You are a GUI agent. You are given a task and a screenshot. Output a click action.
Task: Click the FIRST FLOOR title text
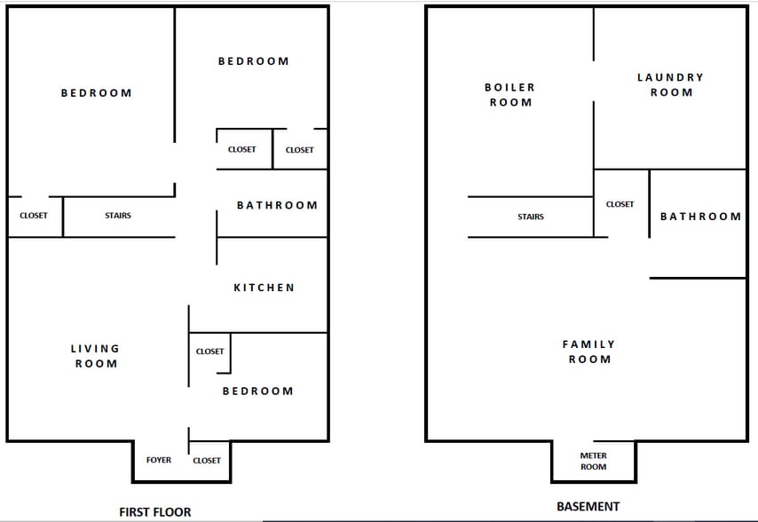(x=155, y=511)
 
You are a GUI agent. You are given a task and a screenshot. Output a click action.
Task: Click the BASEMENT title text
(x=588, y=507)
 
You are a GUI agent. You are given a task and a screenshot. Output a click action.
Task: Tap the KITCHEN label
(x=264, y=288)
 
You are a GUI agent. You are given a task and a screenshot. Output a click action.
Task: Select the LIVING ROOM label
(x=95, y=356)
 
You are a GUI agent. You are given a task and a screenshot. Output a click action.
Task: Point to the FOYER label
(x=159, y=460)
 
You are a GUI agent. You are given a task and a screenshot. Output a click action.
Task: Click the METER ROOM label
(x=594, y=461)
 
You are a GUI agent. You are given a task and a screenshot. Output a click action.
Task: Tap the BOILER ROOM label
(x=509, y=95)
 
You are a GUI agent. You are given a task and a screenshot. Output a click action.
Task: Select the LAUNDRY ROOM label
(x=670, y=84)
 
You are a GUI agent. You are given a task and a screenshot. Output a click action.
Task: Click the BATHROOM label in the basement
(x=700, y=217)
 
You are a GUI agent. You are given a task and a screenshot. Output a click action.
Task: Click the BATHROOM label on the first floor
(x=277, y=205)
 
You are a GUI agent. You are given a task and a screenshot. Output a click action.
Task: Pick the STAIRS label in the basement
(x=531, y=217)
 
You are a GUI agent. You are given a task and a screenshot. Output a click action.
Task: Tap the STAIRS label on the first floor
(x=118, y=216)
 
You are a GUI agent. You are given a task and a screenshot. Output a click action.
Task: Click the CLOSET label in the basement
(x=620, y=204)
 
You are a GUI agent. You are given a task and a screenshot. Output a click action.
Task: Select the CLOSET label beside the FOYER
(x=207, y=460)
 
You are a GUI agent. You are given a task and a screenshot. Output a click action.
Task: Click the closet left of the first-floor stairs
(x=34, y=216)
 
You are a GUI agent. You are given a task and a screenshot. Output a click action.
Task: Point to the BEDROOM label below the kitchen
(x=257, y=391)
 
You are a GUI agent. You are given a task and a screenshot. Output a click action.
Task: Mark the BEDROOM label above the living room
(x=96, y=93)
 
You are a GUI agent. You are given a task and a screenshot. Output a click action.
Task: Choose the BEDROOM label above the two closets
(x=254, y=61)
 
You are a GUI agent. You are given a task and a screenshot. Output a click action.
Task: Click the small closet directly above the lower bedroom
(x=209, y=352)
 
